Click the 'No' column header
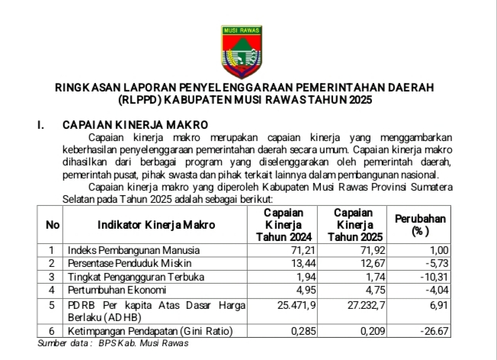tap(53, 225)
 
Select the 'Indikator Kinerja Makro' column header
tap(156, 225)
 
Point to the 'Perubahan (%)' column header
tap(420, 224)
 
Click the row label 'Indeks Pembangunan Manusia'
tap(133, 249)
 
